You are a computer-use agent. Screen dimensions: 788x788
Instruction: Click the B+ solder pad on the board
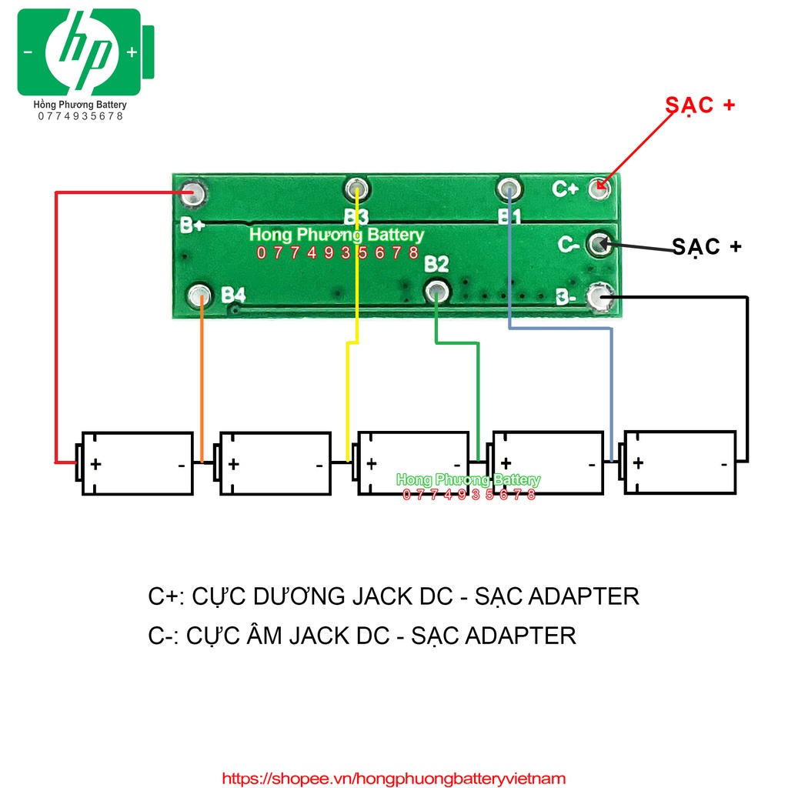[191, 192]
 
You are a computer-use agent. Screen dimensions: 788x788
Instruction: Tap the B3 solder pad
[356, 188]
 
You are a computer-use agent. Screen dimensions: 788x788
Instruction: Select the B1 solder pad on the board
[509, 188]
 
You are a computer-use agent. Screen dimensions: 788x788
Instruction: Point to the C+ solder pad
[601, 186]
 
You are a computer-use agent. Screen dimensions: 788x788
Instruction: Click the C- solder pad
[599, 244]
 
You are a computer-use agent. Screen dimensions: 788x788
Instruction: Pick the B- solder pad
[599, 296]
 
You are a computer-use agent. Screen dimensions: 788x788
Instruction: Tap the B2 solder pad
[437, 291]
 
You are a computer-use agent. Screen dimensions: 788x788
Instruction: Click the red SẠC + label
[700, 105]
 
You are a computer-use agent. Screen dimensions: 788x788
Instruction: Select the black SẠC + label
[706, 246]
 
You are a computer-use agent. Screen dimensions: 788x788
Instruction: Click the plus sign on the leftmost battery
[95, 465]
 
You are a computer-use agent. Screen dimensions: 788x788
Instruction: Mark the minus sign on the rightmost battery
[724, 465]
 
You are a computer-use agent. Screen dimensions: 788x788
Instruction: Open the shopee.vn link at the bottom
[394, 779]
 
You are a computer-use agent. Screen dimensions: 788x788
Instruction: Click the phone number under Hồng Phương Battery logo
[80, 116]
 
